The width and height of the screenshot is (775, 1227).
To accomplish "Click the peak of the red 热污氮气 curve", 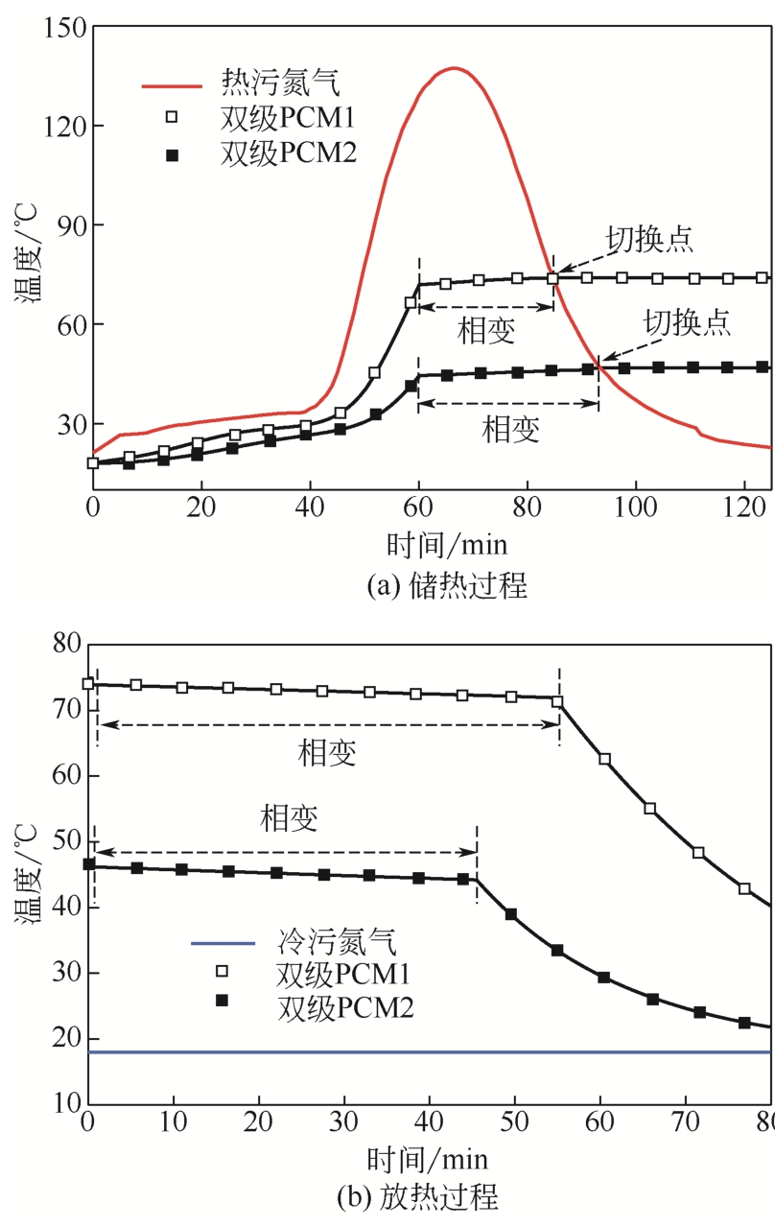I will coord(454,68).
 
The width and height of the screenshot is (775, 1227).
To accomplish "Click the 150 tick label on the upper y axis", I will coord(61,28).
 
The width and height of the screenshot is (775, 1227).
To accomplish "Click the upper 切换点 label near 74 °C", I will coord(649,239).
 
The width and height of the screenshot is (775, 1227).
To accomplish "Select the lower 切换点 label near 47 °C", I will coord(687,320).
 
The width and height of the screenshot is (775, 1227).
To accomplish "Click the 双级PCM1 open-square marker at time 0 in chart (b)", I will coord(88,684).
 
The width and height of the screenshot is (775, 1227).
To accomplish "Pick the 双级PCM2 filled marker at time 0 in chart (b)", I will coord(89,863).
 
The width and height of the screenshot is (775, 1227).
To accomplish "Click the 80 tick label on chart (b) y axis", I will coord(68,644).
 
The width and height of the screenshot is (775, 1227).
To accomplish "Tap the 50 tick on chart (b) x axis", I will coord(515,1121).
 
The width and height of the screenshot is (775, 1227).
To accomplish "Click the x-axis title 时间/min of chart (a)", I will coord(447,546).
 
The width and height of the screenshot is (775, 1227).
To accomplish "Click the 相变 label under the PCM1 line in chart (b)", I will coord(327,753).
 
